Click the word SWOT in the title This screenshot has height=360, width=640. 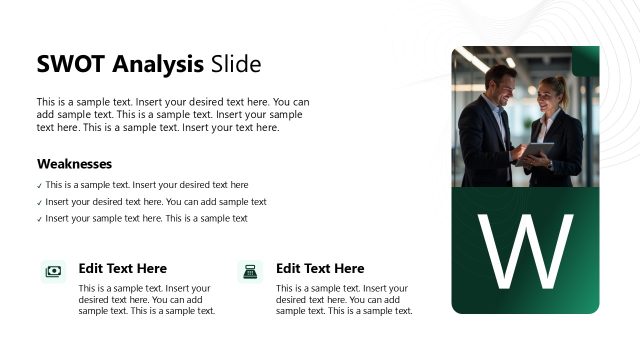tap(71, 65)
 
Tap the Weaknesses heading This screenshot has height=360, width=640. tap(74, 164)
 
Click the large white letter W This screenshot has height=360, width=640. tap(525, 251)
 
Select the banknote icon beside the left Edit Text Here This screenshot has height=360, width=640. tap(53, 270)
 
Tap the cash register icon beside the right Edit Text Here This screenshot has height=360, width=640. tap(250, 270)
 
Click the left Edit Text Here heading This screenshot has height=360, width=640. tap(122, 269)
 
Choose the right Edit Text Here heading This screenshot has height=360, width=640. tap(320, 269)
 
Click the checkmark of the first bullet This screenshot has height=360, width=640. tap(40, 186)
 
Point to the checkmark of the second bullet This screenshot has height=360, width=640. tap(40, 203)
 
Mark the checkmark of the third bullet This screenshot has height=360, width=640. tap(40, 219)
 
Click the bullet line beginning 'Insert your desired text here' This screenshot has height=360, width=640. tap(156, 202)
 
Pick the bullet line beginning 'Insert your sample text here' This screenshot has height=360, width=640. tap(146, 218)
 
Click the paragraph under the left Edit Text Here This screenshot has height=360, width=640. tap(146, 299)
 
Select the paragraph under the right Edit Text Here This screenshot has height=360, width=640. tap(344, 299)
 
